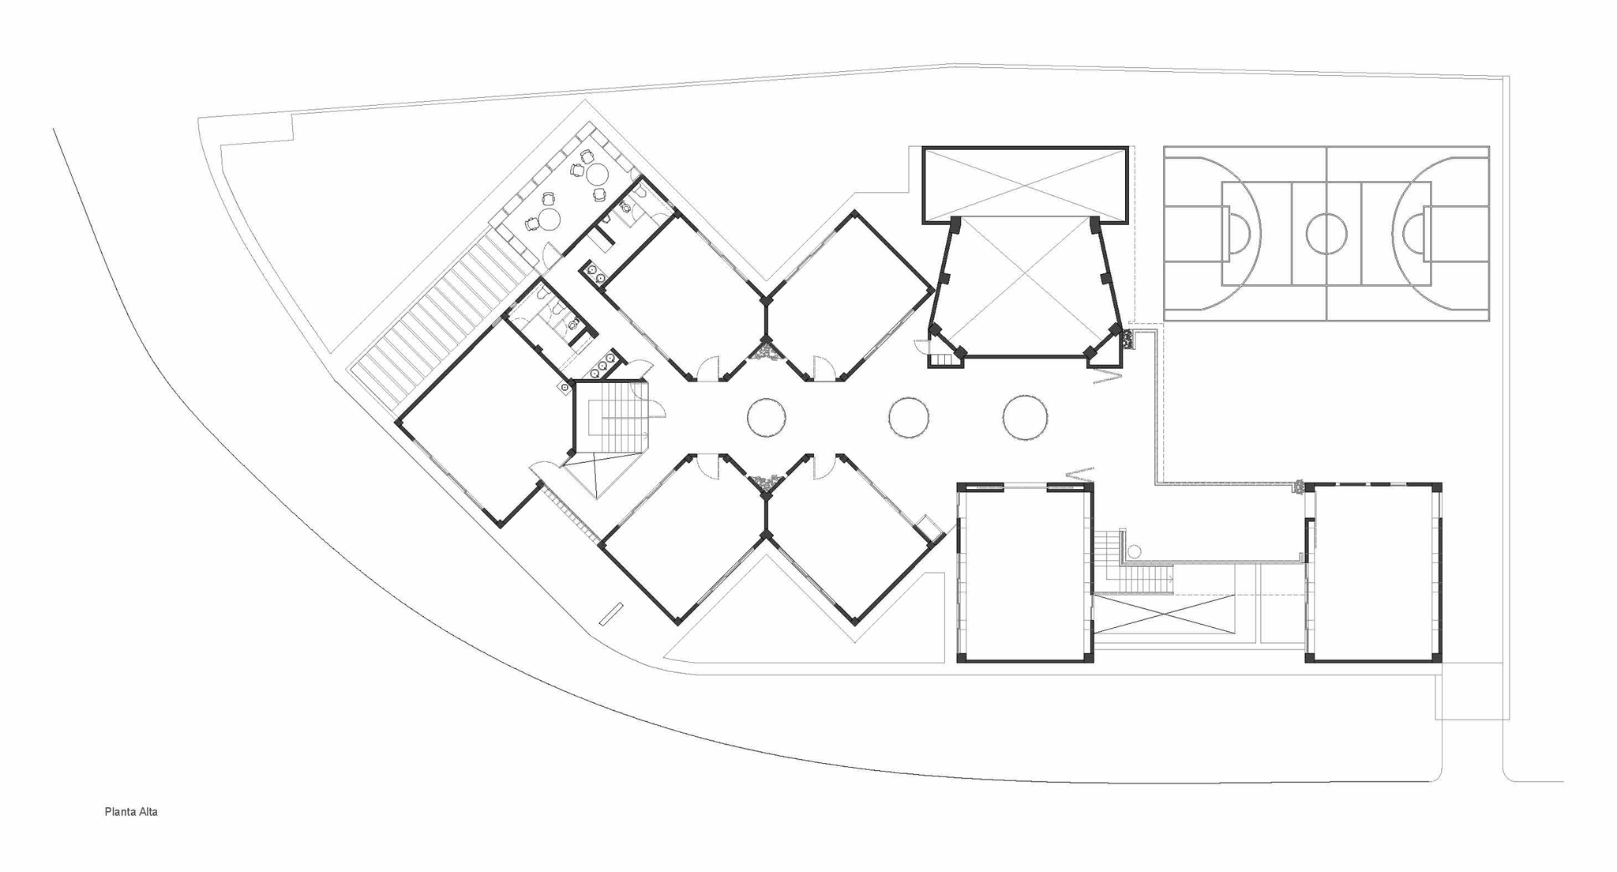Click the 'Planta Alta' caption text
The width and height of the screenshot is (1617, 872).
point(131,812)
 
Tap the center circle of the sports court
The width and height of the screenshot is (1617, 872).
point(1326,234)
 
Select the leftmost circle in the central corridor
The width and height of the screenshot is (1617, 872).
point(766,417)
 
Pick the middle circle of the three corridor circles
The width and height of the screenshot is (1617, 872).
point(908,417)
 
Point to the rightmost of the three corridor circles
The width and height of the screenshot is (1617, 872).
point(1025,417)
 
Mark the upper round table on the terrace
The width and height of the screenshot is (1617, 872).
point(597,172)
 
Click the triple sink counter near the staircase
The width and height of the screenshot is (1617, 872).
point(603,365)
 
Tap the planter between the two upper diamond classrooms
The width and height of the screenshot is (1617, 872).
point(766,350)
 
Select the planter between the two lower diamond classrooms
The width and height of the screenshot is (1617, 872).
point(765,481)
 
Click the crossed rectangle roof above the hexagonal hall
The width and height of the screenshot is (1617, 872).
point(1025,185)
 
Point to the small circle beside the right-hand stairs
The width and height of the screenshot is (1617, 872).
point(1134,551)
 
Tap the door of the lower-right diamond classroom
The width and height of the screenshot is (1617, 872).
point(823,467)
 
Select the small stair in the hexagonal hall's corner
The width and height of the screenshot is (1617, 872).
point(943,360)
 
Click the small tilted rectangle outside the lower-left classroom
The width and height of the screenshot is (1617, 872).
point(611,614)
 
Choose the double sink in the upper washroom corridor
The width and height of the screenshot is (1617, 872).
point(595,272)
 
